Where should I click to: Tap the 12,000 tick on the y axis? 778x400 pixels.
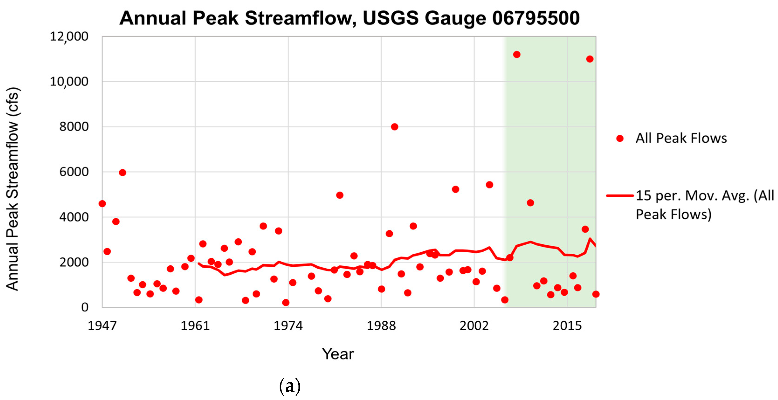click(x=69, y=37)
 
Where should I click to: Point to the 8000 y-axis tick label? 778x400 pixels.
click(x=74, y=126)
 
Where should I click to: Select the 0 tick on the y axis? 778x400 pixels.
click(x=85, y=307)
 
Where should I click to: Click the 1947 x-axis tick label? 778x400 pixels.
click(x=102, y=326)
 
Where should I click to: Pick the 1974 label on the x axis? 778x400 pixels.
click(x=288, y=326)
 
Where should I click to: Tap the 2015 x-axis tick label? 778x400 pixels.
click(x=567, y=326)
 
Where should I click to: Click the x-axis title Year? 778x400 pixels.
click(x=338, y=354)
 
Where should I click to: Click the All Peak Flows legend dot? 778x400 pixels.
click(x=620, y=139)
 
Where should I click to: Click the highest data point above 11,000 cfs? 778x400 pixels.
click(x=516, y=55)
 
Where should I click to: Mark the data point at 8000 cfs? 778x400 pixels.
click(x=394, y=127)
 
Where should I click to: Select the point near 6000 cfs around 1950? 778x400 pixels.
click(x=122, y=173)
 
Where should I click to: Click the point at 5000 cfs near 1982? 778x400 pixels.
click(x=339, y=195)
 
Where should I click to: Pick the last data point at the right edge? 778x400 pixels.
click(x=596, y=294)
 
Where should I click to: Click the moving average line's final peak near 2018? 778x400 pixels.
click(x=590, y=239)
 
